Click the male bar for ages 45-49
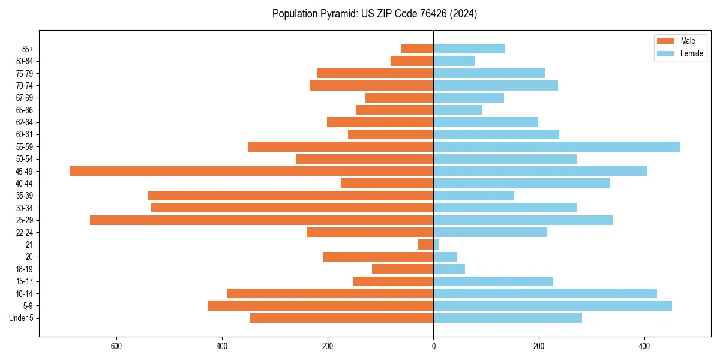pyautogui.click(x=251, y=171)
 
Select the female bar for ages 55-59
pyautogui.click(x=557, y=146)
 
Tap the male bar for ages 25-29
pyautogui.click(x=262, y=220)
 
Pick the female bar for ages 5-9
pyautogui.click(x=553, y=306)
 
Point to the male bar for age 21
pyautogui.click(x=426, y=245)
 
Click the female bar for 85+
pyautogui.click(x=469, y=49)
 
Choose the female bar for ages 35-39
pyautogui.click(x=474, y=196)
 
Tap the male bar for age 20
pyautogui.click(x=378, y=257)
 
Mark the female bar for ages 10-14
pyautogui.click(x=545, y=293)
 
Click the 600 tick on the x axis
pyautogui.click(x=116, y=346)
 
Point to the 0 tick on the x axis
pyautogui.click(x=433, y=346)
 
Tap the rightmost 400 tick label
pyautogui.click(x=644, y=346)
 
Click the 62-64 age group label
pyautogui.click(x=25, y=122)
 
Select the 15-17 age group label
pyautogui.click(x=25, y=281)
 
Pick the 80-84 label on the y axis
pyautogui.click(x=25, y=61)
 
